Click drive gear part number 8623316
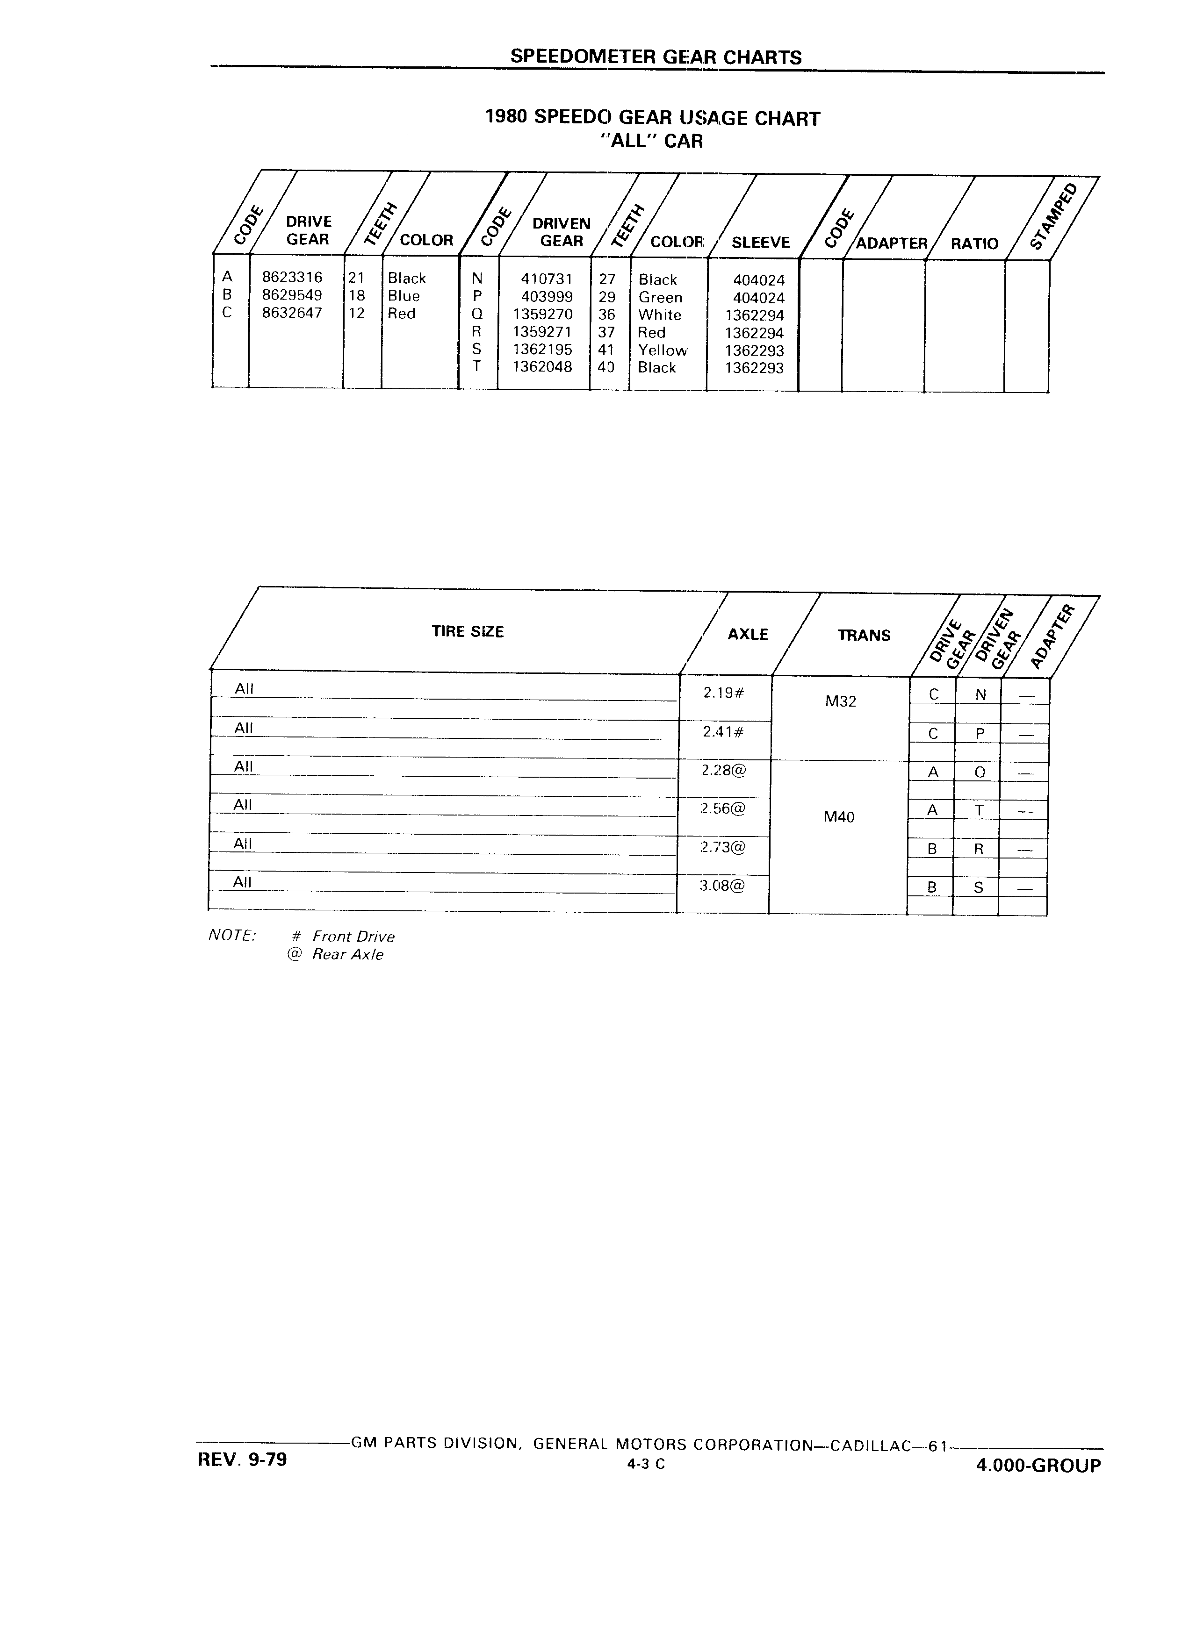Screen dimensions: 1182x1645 pyautogui.click(x=292, y=277)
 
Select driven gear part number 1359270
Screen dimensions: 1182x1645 pyautogui.click(x=543, y=314)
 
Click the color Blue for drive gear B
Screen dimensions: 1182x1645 pyautogui.click(x=404, y=296)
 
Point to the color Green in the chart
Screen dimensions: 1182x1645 pyautogui.click(x=660, y=297)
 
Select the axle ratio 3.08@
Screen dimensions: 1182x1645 pyautogui.click(x=722, y=886)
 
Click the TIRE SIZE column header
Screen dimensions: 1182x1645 pyautogui.click(x=467, y=632)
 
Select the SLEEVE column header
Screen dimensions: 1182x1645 pyautogui.click(x=760, y=243)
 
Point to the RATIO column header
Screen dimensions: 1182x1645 pyautogui.click(x=974, y=243)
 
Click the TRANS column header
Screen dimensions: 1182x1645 pyautogui.click(x=864, y=636)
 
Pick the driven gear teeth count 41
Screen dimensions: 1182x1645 pyautogui.click(x=606, y=350)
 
